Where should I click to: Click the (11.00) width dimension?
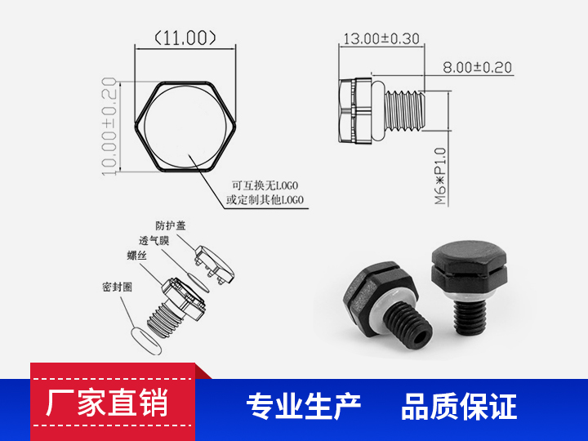tap(185, 38)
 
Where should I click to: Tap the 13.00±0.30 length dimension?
tap(380, 38)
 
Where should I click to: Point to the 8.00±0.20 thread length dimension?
tap(478, 68)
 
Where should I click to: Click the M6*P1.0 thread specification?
tap(440, 175)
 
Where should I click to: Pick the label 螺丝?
tap(136, 256)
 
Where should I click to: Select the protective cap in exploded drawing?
tap(215, 263)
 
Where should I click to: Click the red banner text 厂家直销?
tap(107, 404)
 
